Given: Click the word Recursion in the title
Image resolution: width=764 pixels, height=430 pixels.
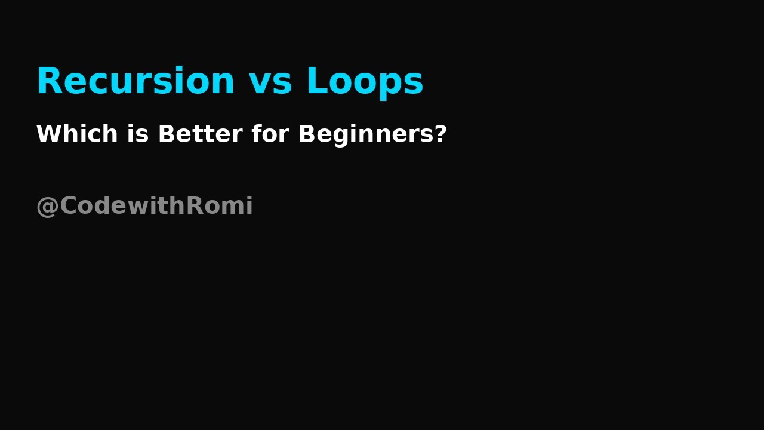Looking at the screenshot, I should [x=135, y=81].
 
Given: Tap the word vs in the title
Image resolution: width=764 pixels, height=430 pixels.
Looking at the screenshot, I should [x=270, y=82].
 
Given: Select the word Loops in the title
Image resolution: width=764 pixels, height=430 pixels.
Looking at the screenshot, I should [x=365, y=82].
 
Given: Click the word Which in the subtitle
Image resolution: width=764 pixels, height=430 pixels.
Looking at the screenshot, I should [x=77, y=134].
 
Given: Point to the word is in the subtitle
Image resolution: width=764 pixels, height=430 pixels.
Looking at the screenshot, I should [x=137, y=134].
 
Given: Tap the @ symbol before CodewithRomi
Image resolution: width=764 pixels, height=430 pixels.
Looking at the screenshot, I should [x=47, y=207].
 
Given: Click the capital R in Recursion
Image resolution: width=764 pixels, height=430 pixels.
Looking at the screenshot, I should [x=48, y=81].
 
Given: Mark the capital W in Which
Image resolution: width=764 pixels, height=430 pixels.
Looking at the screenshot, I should [x=48, y=134].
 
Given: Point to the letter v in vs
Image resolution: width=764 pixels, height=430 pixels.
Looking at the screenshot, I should [x=260, y=84].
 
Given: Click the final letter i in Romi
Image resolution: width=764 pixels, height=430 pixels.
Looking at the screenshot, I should [x=249, y=205].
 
